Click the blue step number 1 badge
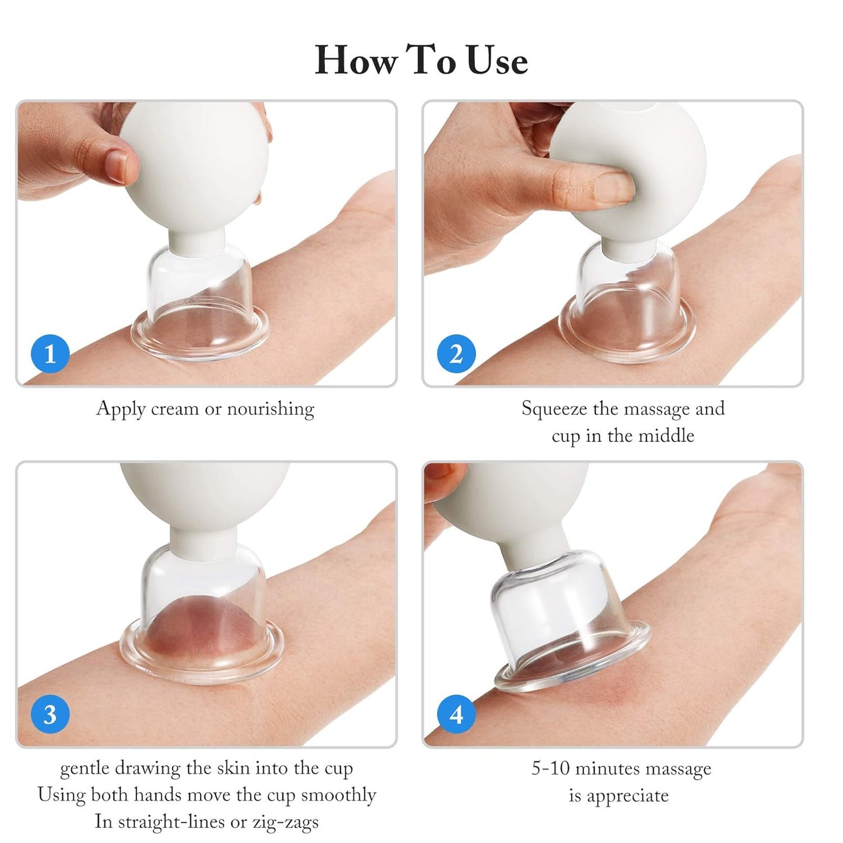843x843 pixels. coord(50,354)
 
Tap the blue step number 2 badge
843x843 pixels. coord(456,354)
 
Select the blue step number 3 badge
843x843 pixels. coord(50,715)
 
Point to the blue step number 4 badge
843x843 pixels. coord(456,715)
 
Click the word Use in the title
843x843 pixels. coord(498,61)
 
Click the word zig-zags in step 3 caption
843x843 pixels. coord(285,822)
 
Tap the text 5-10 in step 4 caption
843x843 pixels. coord(550,768)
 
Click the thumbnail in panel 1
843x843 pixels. coord(119,166)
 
